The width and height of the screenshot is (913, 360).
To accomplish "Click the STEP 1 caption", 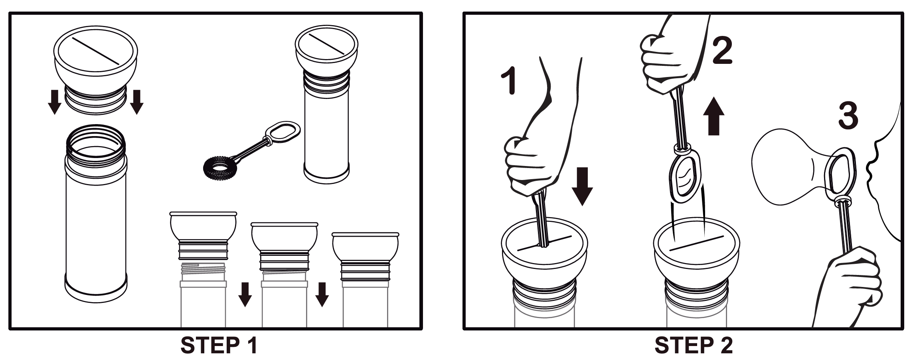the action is [x=219, y=346].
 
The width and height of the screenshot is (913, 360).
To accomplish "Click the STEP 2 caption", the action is [x=694, y=346].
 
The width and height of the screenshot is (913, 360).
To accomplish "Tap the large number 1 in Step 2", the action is [x=510, y=81].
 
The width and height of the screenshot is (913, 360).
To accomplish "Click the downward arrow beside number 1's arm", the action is [x=582, y=186].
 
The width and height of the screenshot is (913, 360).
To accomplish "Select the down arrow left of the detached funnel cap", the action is [x=54, y=102].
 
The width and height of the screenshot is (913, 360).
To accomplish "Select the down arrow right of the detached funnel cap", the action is [x=136, y=102].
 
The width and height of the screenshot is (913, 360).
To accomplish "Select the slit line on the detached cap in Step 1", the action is [x=96, y=51].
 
